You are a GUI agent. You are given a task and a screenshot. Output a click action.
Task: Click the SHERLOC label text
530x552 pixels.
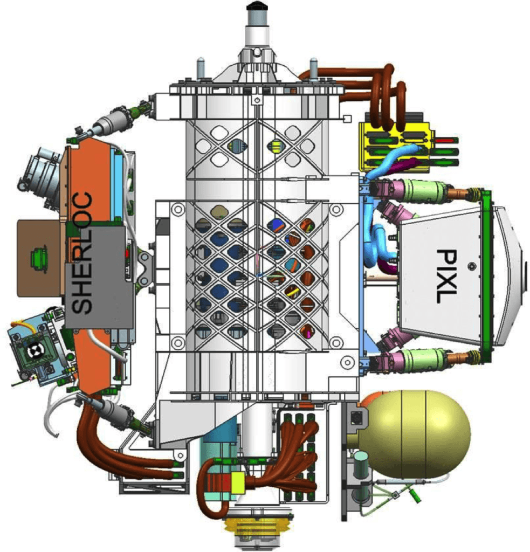coord(84,253)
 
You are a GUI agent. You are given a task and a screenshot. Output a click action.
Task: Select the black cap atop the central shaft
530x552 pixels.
coord(257,6)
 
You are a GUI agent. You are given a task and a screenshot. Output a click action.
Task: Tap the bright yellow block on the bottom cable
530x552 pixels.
coord(238,481)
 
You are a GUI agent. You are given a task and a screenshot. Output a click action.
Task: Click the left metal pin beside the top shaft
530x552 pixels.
coord(201,68)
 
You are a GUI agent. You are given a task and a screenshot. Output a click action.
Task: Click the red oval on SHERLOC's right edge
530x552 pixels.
coord(128,253)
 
